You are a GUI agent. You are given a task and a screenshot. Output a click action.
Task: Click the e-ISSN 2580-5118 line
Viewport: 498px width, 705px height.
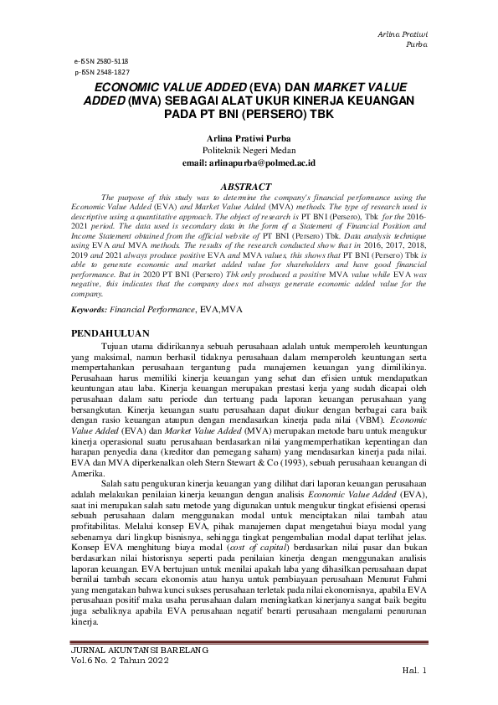click(x=101, y=62)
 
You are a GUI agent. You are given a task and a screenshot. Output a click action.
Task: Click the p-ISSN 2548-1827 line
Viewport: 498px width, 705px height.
click(x=101, y=73)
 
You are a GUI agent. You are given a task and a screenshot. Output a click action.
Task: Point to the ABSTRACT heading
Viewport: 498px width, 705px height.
click(x=248, y=186)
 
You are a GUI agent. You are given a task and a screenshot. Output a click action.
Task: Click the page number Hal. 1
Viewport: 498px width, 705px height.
click(x=415, y=671)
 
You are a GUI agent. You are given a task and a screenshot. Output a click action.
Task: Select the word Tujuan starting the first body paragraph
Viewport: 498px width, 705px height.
click(x=116, y=345)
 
